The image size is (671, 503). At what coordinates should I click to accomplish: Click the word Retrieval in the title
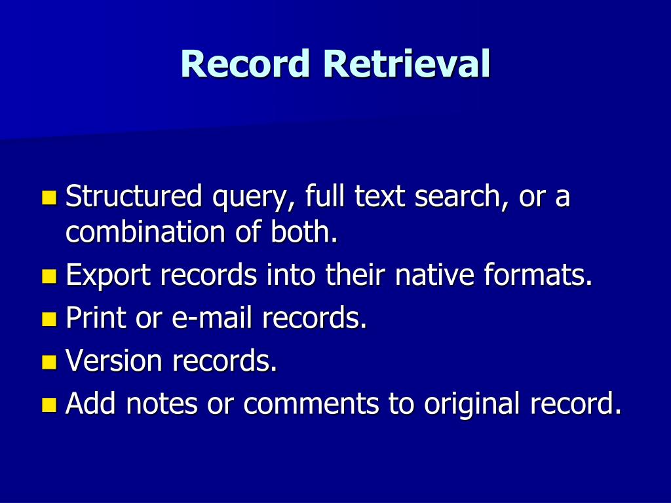point(406,65)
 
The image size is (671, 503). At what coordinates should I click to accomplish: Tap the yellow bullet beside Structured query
point(48,197)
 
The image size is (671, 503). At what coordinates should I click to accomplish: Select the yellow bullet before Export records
point(48,276)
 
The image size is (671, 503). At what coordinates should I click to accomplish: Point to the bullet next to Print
point(48,319)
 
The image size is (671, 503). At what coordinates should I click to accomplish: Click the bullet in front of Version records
point(48,362)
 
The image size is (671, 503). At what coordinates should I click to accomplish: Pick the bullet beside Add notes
point(48,405)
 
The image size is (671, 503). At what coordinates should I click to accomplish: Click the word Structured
point(134,197)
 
